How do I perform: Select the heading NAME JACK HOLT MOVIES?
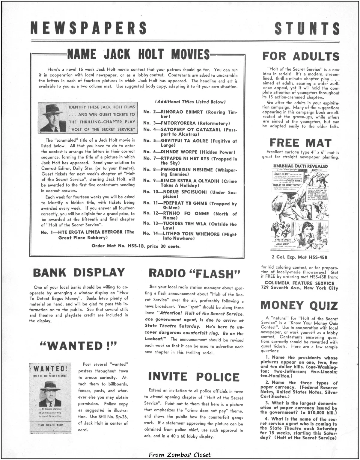tap(138, 54)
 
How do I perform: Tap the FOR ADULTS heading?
tap(301, 56)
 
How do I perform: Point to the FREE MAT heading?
tap(300, 143)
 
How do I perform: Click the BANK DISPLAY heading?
tap(79, 273)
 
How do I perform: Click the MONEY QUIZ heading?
tap(299, 305)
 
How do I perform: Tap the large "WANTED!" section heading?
tap(78, 346)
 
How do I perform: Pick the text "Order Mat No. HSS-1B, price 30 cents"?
tap(136, 247)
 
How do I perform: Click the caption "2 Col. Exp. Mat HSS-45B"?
tap(299, 257)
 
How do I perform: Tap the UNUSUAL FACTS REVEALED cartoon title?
tap(300, 166)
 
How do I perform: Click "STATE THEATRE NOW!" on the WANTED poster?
tap(50, 425)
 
